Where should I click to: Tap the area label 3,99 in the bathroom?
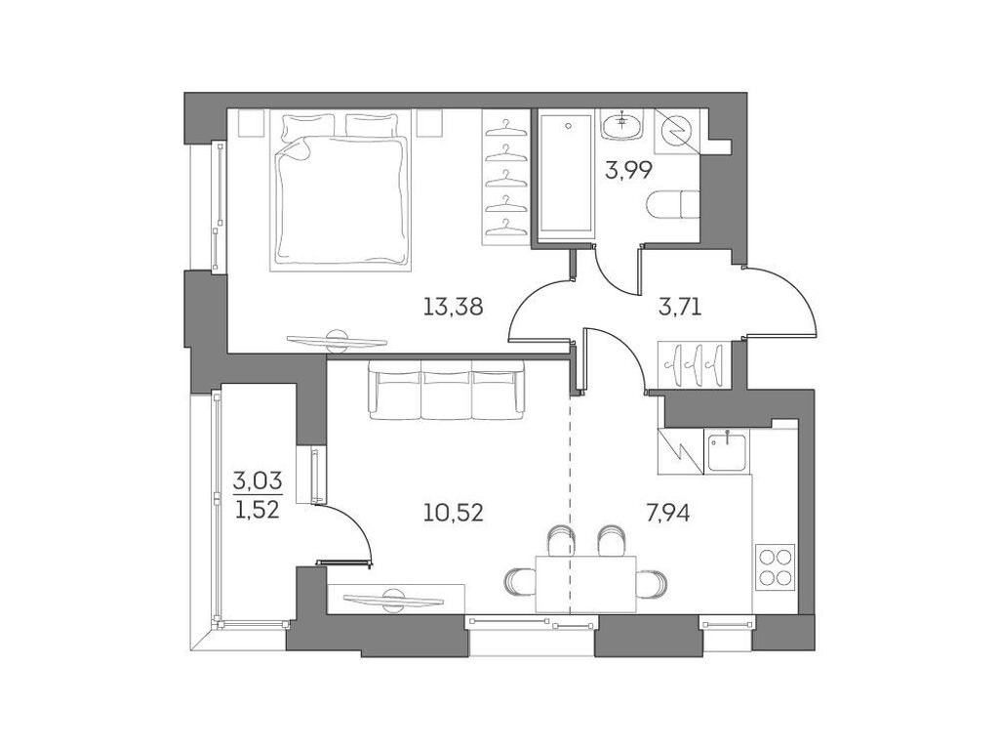coord(628,172)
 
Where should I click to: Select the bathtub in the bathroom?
coord(567,175)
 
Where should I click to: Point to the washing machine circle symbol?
coord(676,128)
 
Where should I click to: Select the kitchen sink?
coord(728,451)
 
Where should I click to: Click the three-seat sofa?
coord(446,390)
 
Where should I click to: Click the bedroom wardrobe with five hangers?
coord(505,177)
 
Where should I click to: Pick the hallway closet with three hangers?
coord(693,362)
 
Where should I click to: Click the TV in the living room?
coord(395,597)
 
